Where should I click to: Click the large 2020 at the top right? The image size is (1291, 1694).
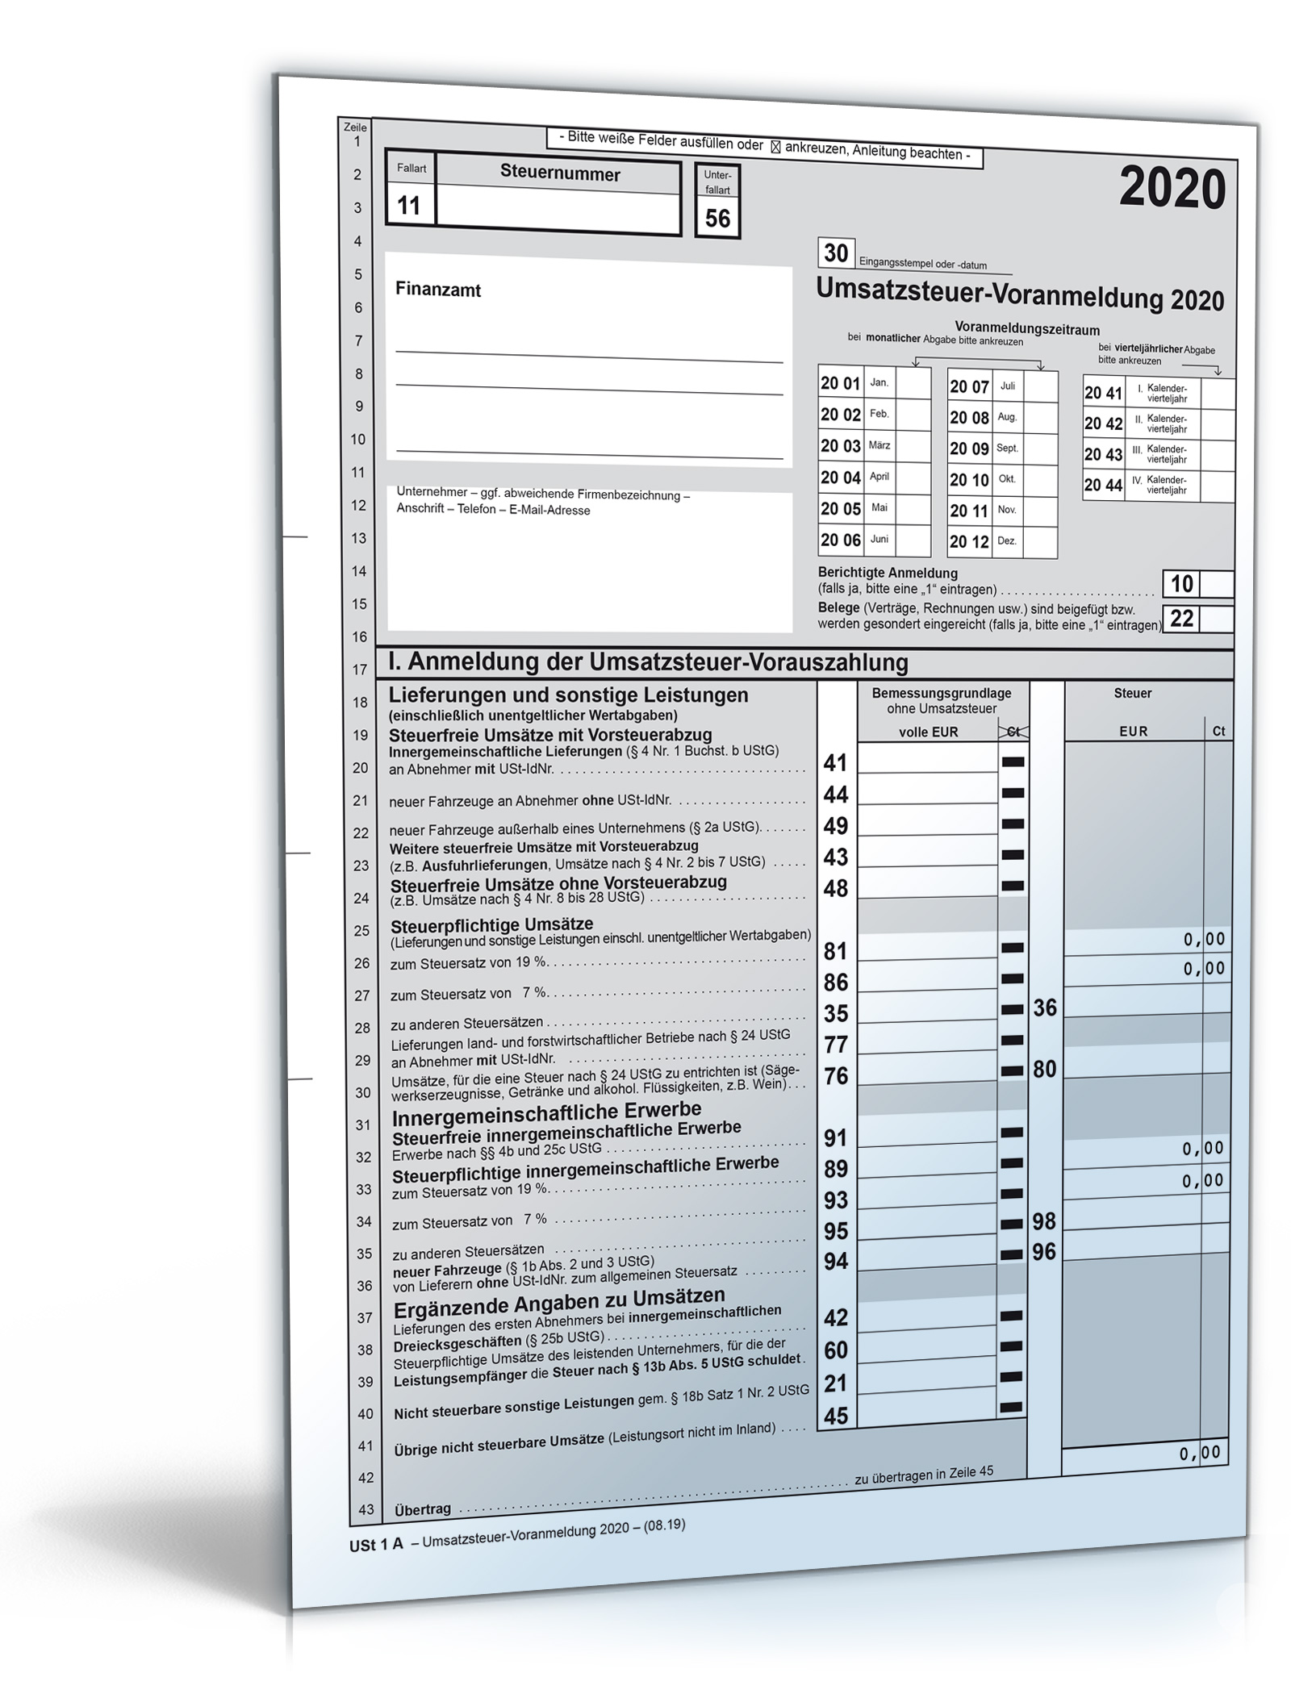[x=1172, y=190]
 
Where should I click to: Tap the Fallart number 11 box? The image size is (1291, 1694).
[x=409, y=206]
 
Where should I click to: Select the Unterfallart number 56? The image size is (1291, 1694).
[x=717, y=219]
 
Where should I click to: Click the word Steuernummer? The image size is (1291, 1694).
[x=560, y=173]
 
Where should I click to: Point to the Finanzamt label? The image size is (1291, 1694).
[x=438, y=290]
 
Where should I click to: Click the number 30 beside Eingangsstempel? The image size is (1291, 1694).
[x=835, y=253]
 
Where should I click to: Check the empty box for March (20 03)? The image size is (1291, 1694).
[x=913, y=446]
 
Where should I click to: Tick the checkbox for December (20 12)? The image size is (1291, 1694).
[x=1040, y=542]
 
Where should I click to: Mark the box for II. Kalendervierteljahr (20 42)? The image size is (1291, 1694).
[x=1217, y=424]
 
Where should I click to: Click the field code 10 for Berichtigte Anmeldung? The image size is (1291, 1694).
[x=1181, y=584]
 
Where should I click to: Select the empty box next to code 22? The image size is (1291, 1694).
[x=1217, y=620]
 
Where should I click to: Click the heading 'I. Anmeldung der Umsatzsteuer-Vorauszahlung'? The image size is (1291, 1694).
[x=648, y=663]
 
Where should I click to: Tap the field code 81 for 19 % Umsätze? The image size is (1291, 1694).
[x=835, y=951]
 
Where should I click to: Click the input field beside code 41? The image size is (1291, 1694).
[x=927, y=760]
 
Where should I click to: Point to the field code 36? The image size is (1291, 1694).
[x=1045, y=1008]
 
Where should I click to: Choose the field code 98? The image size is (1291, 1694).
[x=1044, y=1221]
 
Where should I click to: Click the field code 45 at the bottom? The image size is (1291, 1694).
[x=836, y=1416]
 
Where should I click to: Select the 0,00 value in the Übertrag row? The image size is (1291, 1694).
[x=1200, y=1454]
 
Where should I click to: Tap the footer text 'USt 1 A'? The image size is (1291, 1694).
[x=376, y=1545]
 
